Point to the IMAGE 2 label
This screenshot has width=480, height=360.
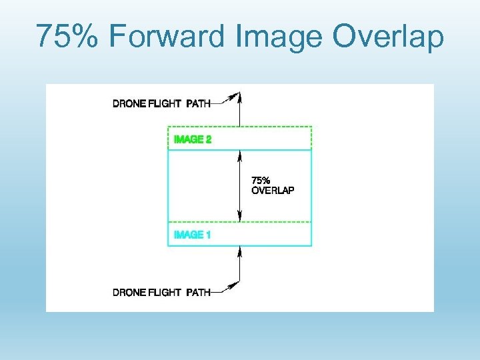coord(192,139)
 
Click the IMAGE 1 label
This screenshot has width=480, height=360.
coord(192,235)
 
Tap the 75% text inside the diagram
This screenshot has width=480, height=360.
coord(260,180)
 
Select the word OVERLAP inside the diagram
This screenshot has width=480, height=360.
coord(273,190)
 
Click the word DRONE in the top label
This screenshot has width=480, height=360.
coord(129,103)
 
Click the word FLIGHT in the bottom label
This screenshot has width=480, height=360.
coord(165,292)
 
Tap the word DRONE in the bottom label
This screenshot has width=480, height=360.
coord(129,292)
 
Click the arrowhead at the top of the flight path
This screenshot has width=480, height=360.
coord(239,95)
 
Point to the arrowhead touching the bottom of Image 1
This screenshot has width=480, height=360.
coord(239,250)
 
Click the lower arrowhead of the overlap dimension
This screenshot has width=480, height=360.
coord(239,217)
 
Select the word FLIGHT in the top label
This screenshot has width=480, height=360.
coord(165,103)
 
